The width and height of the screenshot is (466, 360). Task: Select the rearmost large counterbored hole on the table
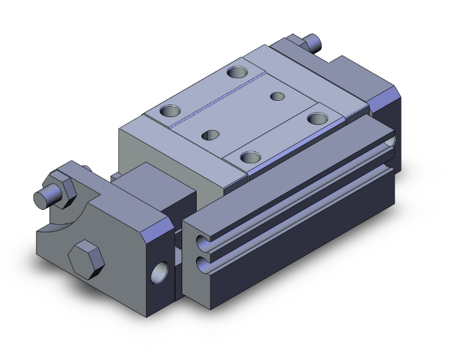click(237, 72)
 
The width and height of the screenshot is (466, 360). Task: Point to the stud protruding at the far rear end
click(313, 42)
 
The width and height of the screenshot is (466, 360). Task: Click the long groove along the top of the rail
click(294, 188)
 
